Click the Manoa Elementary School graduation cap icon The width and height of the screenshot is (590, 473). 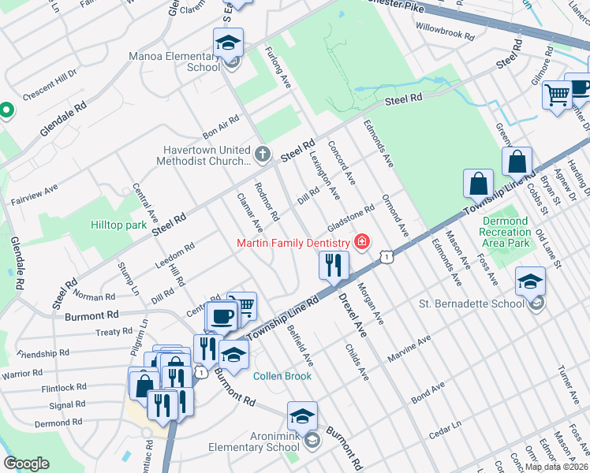228,43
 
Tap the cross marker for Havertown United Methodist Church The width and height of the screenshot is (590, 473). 263,154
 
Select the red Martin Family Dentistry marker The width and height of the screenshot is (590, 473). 362,241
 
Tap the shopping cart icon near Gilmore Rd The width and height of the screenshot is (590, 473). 558,96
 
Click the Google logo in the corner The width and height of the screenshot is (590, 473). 26,464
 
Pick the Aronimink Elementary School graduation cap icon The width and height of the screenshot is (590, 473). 302,417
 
